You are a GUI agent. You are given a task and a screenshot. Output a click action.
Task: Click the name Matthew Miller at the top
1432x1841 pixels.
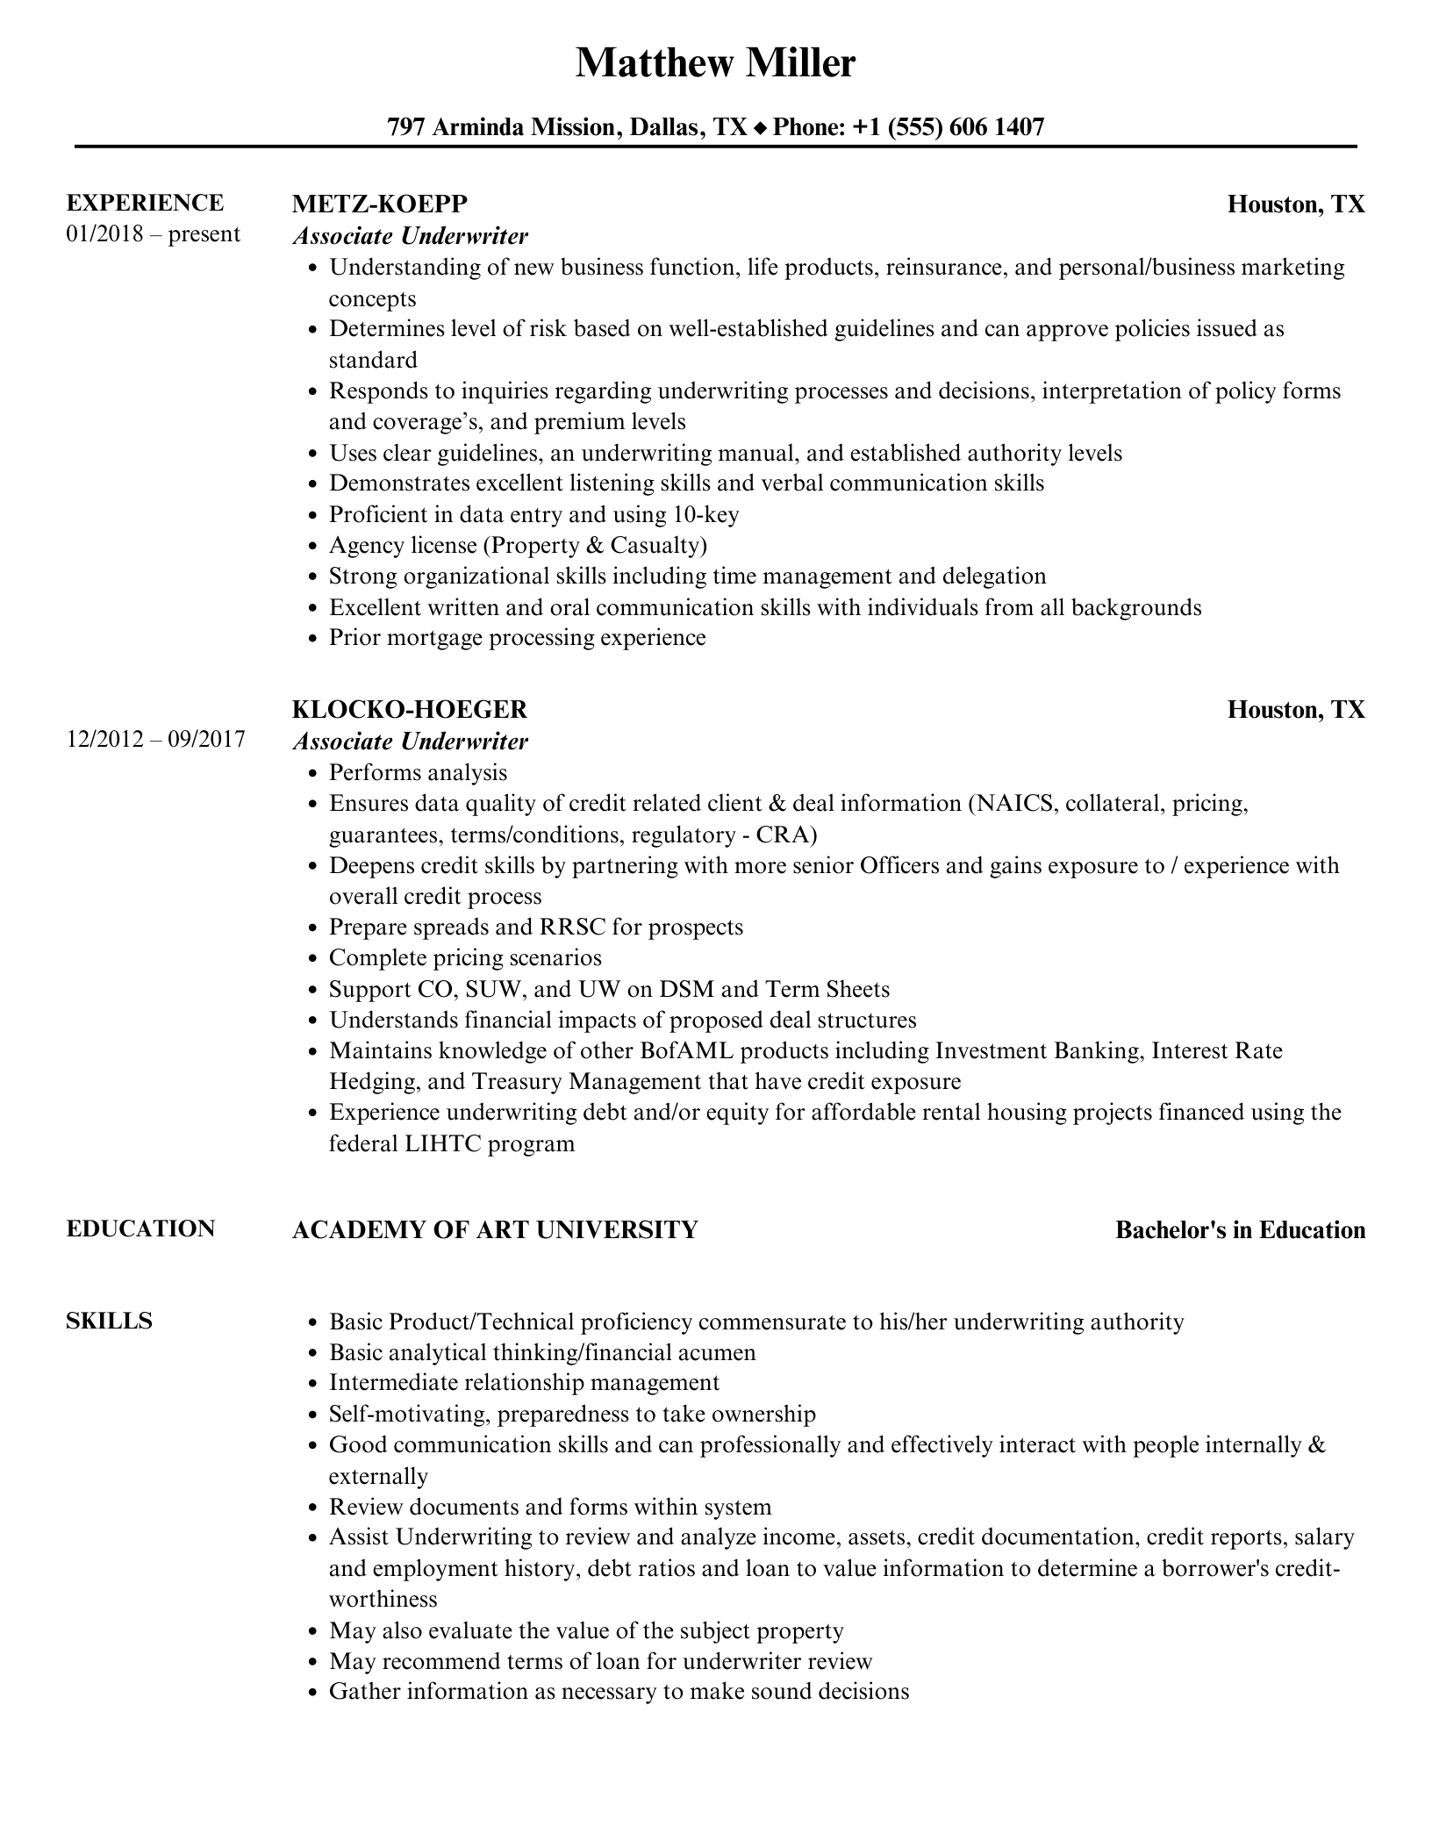715,63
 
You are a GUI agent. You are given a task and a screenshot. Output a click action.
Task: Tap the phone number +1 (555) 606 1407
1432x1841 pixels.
948,127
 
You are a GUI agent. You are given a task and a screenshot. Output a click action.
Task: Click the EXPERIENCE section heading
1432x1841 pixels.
145,203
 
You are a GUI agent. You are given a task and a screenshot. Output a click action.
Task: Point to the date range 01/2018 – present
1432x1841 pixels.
153,234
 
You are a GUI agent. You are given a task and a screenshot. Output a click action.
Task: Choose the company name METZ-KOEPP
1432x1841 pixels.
379,204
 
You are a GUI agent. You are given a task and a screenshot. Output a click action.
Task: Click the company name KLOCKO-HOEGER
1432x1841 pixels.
410,709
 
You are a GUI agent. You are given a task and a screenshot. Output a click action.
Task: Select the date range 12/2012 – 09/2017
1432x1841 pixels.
155,740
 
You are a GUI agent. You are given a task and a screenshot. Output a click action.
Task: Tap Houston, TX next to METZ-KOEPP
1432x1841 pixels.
1295,204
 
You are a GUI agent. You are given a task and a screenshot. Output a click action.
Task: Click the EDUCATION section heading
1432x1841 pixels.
140,1229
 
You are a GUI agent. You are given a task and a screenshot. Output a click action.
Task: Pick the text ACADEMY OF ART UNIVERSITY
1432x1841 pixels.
494,1229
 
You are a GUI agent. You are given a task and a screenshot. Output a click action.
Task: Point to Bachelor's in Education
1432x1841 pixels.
1240,1230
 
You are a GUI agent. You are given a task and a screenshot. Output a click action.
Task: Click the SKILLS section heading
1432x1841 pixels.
109,1321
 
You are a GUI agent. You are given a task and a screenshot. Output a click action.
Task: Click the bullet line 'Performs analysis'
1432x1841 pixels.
418,772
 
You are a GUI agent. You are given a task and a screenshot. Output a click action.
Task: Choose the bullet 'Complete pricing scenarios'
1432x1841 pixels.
465,957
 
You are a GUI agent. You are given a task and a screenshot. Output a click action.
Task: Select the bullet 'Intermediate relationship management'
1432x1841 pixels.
524,1382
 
